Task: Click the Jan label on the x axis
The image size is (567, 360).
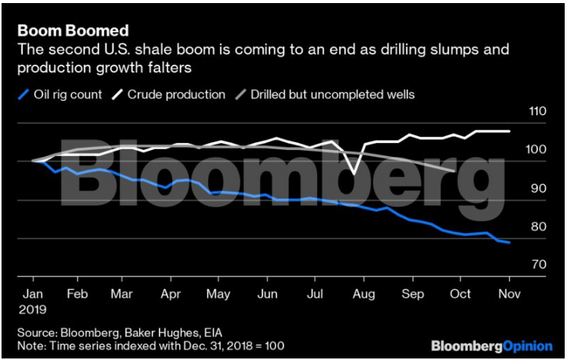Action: click(32, 294)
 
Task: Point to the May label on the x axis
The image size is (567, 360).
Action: click(220, 294)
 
